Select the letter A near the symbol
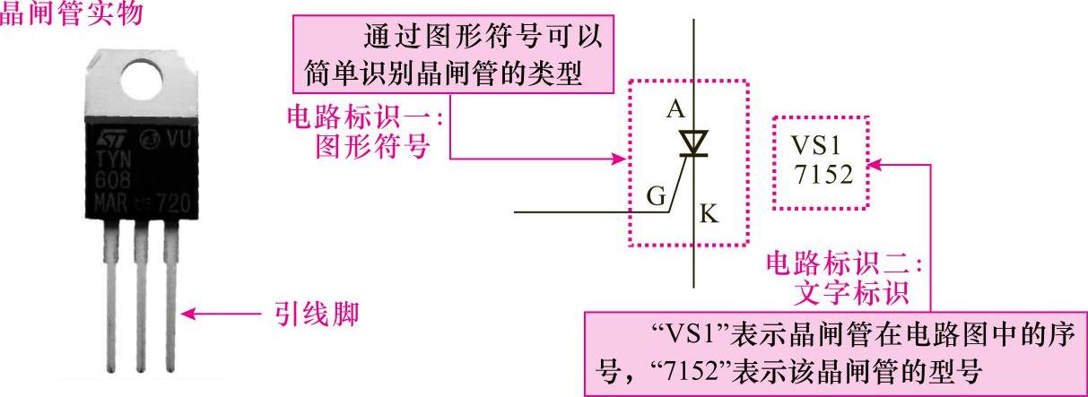click(676, 109)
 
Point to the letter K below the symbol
click(708, 213)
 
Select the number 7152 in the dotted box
click(823, 174)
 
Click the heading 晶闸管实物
click(72, 16)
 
